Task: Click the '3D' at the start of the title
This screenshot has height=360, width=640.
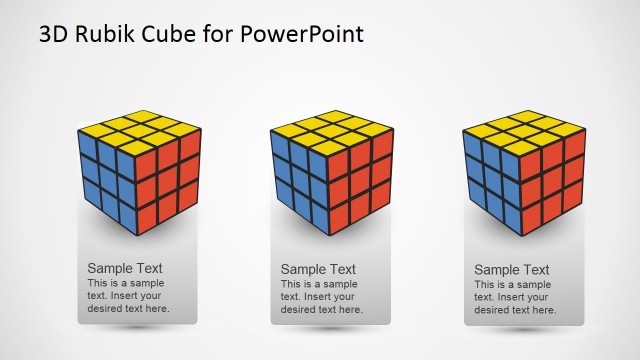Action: [x=55, y=35]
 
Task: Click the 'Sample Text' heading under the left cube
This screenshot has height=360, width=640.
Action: [x=125, y=268]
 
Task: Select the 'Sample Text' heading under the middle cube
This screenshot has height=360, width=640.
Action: [x=318, y=269]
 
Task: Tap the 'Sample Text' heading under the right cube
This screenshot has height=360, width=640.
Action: [x=511, y=269]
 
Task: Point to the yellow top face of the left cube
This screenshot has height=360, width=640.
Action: [x=138, y=131]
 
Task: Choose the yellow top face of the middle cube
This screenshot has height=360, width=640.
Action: [x=331, y=131]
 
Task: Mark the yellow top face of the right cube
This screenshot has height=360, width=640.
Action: [x=524, y=131]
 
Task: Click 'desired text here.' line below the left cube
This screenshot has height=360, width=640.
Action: [x=129, y=308]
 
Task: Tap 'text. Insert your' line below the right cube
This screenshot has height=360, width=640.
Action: [x=511, y=297]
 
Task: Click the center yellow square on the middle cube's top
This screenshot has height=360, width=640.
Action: [x=331, y=131]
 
